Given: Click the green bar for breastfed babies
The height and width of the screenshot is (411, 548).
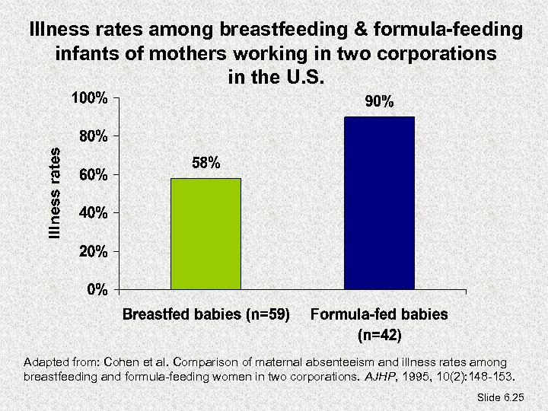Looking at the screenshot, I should coord(205,234).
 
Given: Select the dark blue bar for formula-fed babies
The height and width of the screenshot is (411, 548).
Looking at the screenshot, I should coord(380,203).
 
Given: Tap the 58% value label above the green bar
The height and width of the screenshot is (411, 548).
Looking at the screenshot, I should coord(205,164).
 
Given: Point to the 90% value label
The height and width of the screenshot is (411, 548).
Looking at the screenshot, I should coord(378,102).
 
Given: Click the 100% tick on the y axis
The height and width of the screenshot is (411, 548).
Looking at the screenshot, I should coord(90,98).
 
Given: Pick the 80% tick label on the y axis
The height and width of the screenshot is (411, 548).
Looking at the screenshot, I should coord(94,137).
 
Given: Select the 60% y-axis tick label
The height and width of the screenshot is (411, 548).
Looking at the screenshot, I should coord(94,175).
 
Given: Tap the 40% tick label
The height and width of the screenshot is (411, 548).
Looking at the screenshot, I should coord(94,213).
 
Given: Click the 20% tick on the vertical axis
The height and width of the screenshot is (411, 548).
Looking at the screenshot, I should coord(94,251).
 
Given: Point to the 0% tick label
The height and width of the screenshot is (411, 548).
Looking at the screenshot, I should coord(97,289).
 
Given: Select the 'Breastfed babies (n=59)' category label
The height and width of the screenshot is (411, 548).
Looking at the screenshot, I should coord(206,314).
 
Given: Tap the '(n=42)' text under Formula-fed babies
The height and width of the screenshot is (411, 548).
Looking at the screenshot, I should coord(379,333).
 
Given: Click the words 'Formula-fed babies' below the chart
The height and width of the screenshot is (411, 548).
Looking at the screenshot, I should coord(379,314).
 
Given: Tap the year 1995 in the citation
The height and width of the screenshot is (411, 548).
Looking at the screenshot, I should coord(416,376).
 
